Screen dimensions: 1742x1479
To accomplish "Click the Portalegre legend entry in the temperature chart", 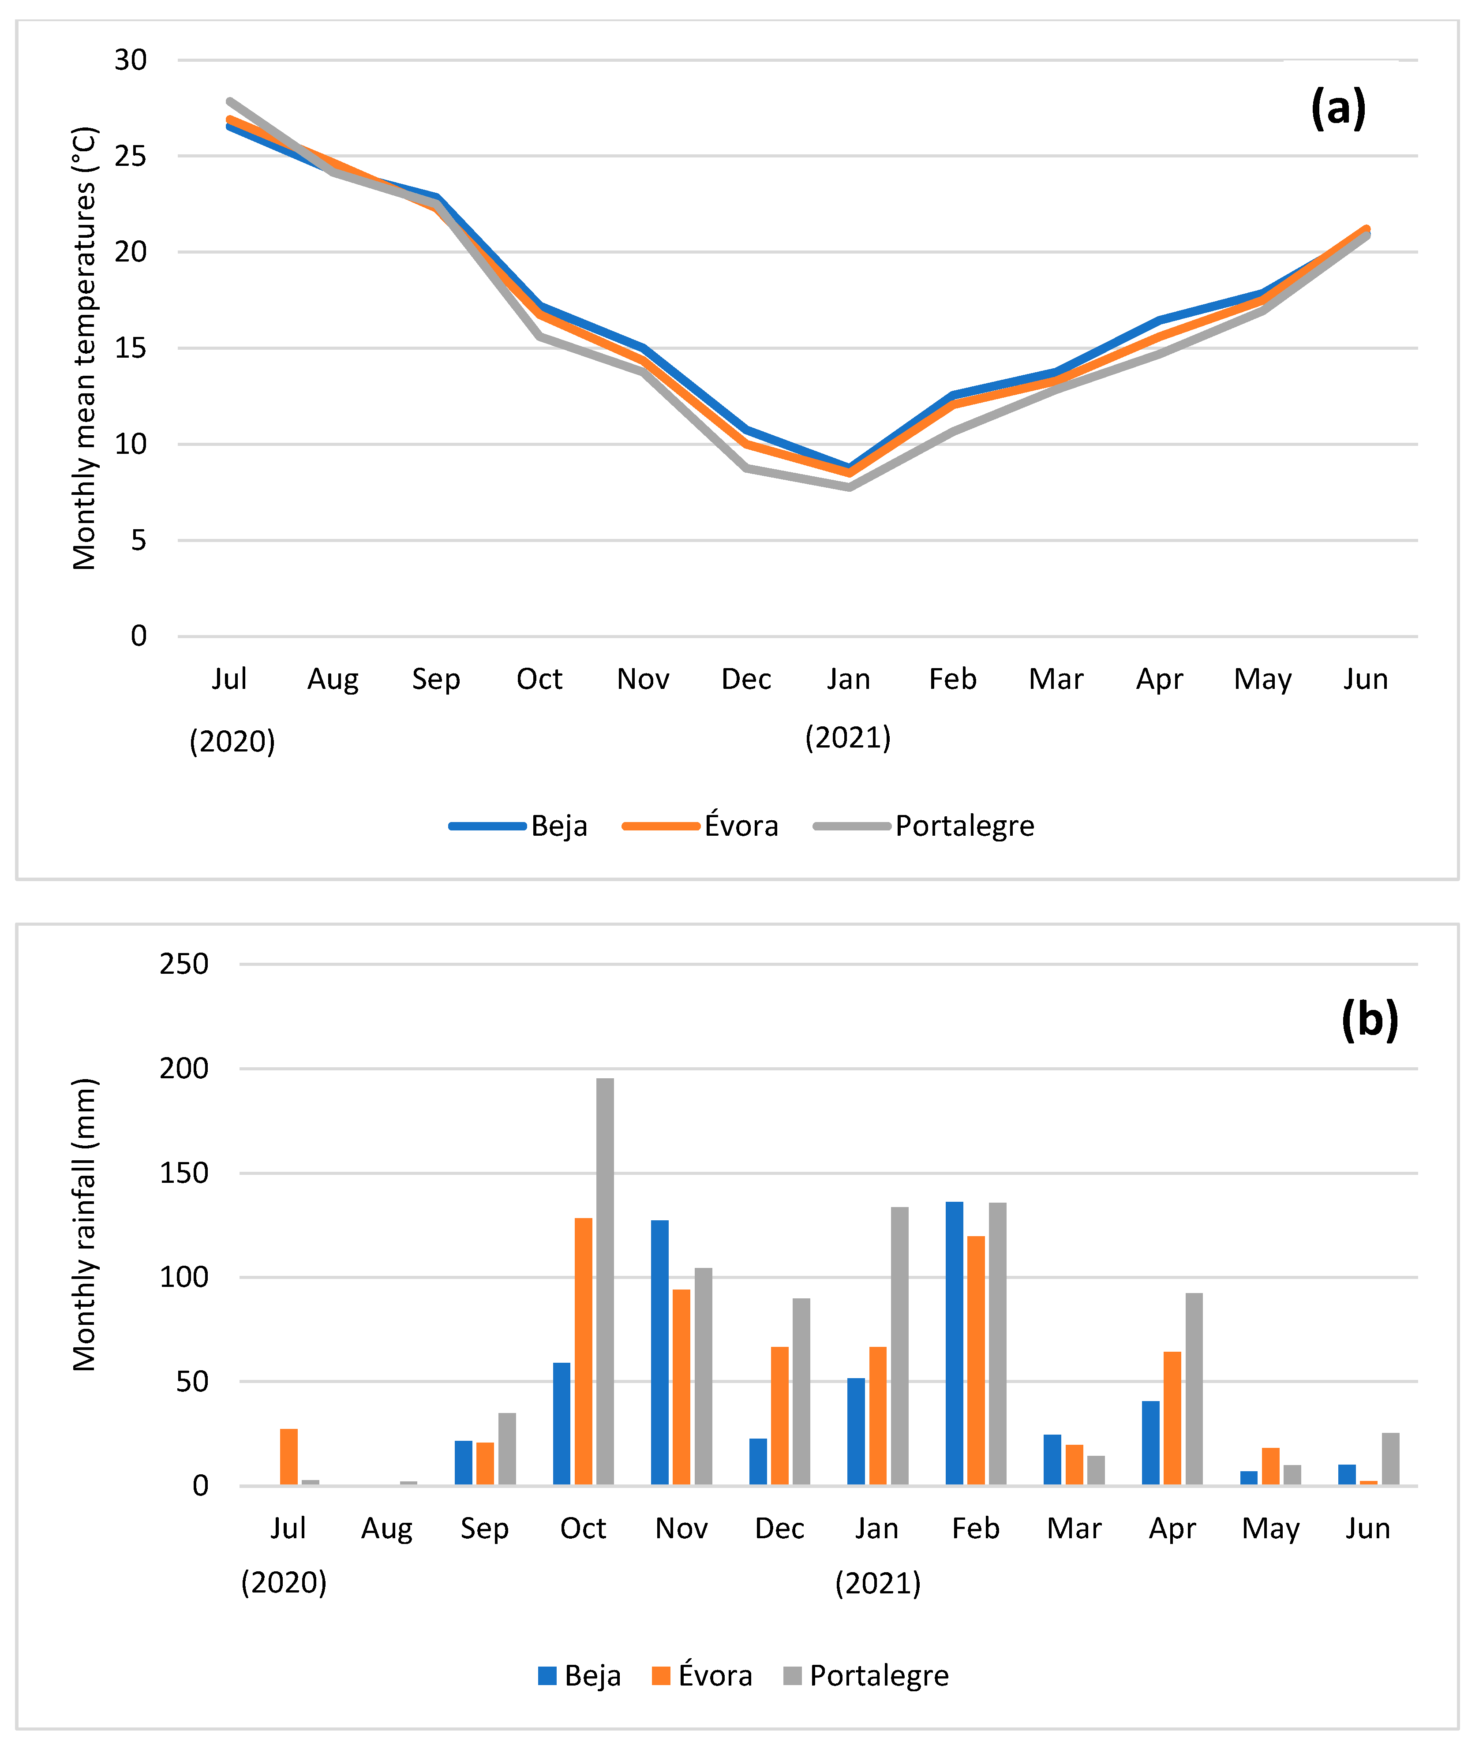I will tap(924, 826).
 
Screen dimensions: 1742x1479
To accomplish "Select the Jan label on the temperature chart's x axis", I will tap(849, 679).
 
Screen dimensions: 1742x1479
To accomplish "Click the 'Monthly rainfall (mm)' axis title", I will tap(85, 1225).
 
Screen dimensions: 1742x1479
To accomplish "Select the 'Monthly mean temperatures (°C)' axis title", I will tap(85, 348).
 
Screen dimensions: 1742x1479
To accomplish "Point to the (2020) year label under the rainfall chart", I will tap(283, 1583).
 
